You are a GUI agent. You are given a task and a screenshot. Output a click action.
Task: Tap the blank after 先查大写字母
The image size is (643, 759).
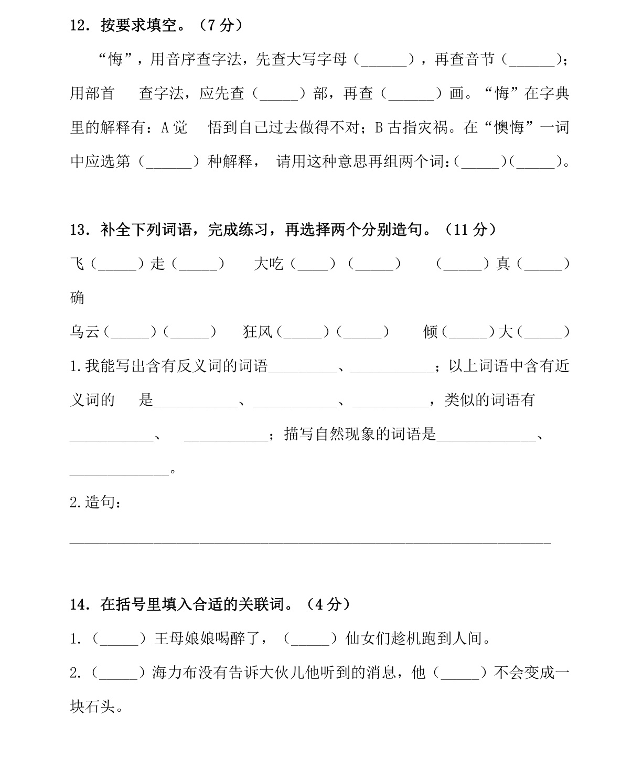coord(384,60)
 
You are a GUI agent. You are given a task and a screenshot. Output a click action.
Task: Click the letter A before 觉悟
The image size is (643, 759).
coord(164,128)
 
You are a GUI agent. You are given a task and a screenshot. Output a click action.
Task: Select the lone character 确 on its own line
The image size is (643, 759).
coord(77,298)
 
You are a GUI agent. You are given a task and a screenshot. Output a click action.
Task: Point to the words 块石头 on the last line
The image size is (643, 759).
coord(92,707)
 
